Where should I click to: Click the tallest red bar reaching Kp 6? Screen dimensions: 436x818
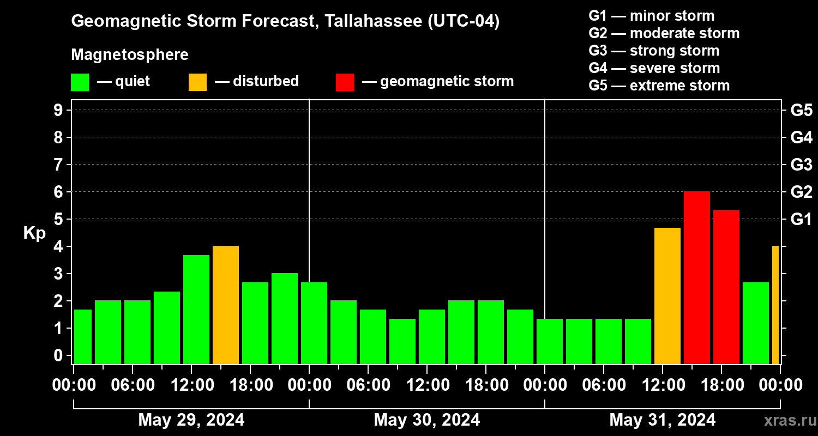coord(696,277)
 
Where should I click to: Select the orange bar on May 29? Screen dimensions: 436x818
coord(226,305)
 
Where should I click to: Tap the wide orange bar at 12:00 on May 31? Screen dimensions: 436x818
coord(667,295)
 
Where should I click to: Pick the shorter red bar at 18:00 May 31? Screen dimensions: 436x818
coord(726,287)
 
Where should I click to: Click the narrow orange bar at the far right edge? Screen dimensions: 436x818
coord(775,305)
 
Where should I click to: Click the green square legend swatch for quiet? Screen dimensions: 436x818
coord(80,82)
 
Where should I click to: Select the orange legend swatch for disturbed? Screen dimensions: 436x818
coord(197,82)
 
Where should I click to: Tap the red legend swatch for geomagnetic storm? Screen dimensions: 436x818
coord(345,82)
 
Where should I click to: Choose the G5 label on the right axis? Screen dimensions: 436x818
coord(801,110)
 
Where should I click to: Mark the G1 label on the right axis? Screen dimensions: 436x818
coord(801,220)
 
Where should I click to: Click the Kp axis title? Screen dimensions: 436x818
coord(34,233)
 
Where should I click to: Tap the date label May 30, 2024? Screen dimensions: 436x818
coord(426,420)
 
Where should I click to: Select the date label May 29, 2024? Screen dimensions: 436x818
coord(191,420)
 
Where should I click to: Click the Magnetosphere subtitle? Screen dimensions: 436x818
coord(130,55)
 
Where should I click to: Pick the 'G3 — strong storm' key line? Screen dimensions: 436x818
coord(653,51)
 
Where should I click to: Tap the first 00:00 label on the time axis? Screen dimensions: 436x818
coord(74,385)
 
